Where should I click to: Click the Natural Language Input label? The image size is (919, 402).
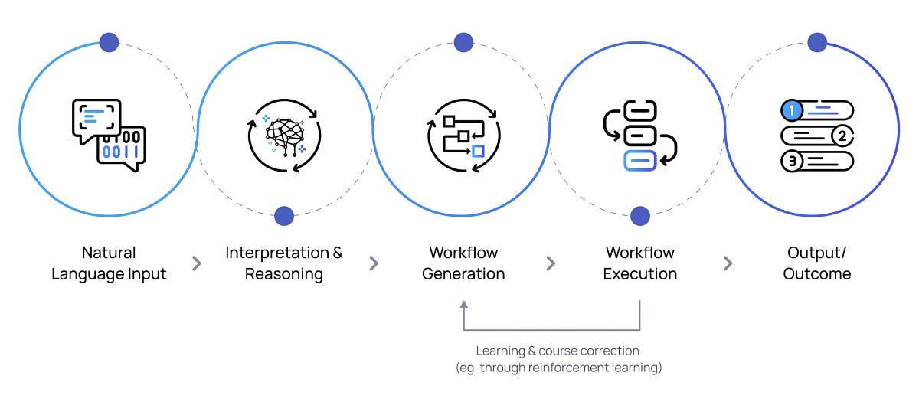click(x=109, y=263)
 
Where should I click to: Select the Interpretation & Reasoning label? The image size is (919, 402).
click(x=284, y=263)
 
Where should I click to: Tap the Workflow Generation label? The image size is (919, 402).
click(x=463, y=263)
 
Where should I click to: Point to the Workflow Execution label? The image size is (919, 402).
click(x=640, y=263)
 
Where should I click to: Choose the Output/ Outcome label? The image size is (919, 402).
click(x=816, y=263)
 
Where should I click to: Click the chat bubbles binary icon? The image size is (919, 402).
click(x=109, y=135)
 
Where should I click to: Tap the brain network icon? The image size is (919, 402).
click(x=284, y=135)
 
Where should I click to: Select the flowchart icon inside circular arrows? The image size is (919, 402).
click(x=463, y=135)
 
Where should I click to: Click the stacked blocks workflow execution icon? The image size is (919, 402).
click(x=640, y=135)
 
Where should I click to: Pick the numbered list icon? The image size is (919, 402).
click(x=816, y=136)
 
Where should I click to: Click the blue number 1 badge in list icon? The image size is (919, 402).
click(x=793, y=111)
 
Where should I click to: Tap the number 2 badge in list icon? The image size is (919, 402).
click(x=842, y=136)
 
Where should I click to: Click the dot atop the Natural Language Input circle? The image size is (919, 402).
click(x=109, y=42)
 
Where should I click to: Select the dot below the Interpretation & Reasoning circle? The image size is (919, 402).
click(x=284, y=216)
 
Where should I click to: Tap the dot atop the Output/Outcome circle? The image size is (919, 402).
click(x=816, y=42)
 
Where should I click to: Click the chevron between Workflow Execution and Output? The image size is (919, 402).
click(x=728, y=263)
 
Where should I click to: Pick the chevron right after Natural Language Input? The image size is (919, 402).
click(x=197, y=263)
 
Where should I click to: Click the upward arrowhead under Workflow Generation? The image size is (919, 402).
click(x=463, y=306)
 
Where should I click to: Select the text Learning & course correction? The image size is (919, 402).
click(x=558, y=351)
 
